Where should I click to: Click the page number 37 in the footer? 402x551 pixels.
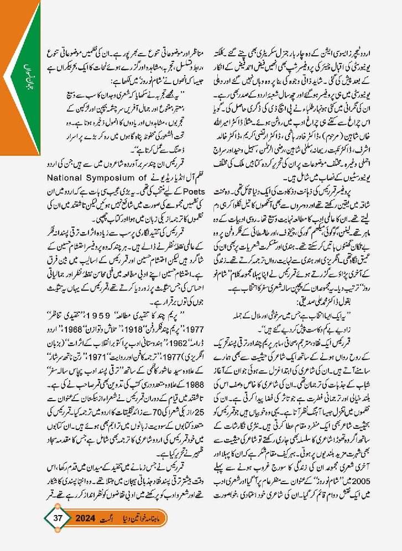(59, 518)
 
